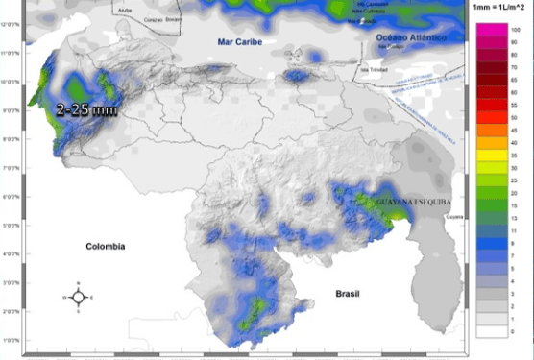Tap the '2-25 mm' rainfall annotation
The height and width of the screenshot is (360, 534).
[86, 109]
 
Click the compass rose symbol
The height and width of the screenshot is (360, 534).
[80, 298]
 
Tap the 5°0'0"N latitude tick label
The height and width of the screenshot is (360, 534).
[12, 225]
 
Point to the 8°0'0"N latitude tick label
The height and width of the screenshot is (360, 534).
[12, 139]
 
